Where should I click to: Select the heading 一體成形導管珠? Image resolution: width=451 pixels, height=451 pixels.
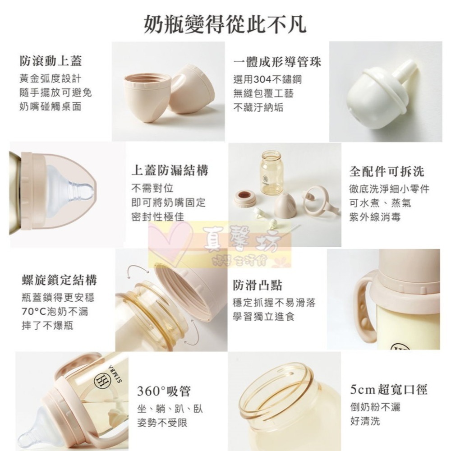[x=277, y=62]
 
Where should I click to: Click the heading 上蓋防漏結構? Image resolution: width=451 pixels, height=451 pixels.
[x=170, y=170]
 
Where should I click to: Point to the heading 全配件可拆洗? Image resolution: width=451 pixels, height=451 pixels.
[x=387, y=171]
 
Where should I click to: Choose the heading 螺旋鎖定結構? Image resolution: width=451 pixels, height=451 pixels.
[x=59, y=280]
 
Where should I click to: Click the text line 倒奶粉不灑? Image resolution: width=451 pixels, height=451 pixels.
[x=375, y=407]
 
